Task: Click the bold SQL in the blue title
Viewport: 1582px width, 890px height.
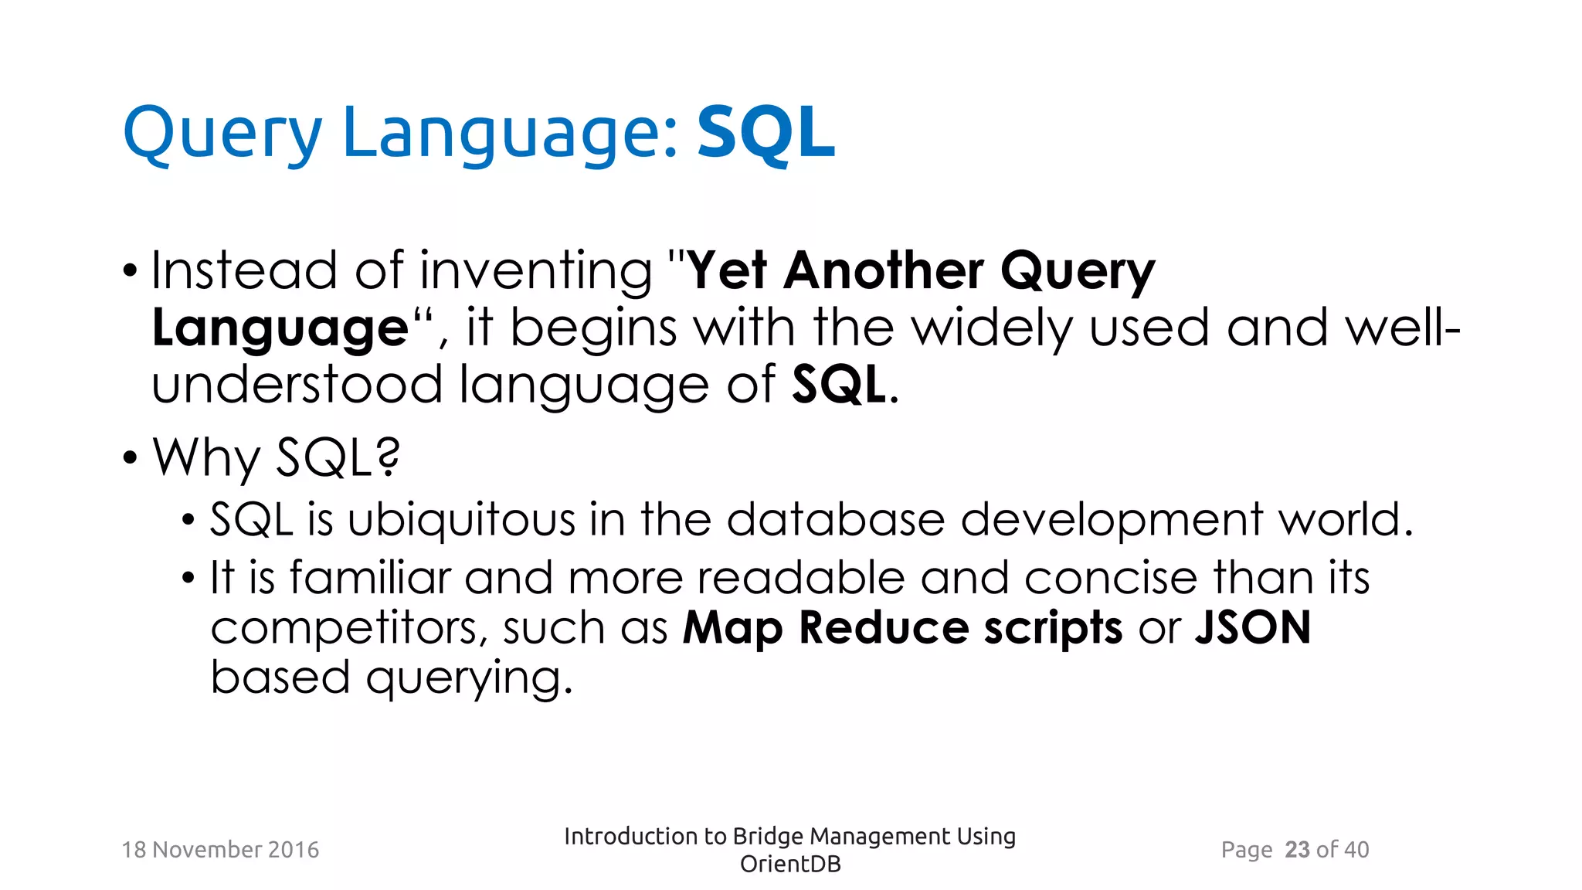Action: [766, 133]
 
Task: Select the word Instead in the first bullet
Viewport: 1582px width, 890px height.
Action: [244, 270]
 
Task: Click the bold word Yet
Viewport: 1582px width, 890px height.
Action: [727, 270]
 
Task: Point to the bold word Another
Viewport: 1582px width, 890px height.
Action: [884, 270]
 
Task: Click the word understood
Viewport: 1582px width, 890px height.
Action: [297, 385]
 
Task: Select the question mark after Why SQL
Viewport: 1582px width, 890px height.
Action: [389, 457]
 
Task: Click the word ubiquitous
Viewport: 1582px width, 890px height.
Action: [461, 519]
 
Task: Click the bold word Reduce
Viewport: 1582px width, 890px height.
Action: [883, 627]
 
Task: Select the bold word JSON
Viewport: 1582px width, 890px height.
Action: [1253, 627]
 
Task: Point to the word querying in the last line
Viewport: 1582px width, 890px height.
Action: [468, 678]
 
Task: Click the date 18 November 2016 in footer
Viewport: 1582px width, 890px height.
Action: [220, 850]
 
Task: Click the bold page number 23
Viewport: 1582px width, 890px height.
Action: [1297, 850]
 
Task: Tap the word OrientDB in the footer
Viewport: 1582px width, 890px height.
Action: [789, 865]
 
